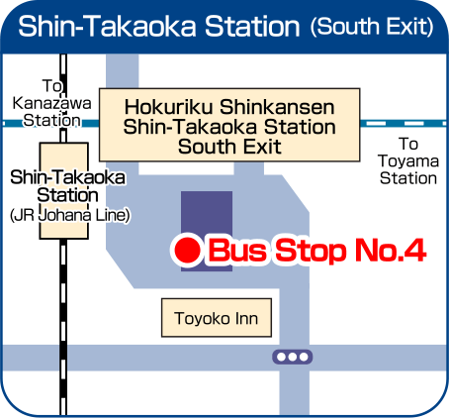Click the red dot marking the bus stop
187,251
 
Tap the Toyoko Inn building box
217,318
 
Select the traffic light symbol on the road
293,357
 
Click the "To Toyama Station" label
408,161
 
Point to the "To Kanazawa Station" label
51,103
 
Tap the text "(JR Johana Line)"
70,215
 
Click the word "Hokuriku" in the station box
168,107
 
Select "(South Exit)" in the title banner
372,27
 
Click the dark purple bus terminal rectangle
207,231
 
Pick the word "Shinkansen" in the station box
277,107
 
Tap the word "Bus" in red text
237,250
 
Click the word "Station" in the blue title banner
252,26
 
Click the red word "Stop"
311,251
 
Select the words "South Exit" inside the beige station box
229,147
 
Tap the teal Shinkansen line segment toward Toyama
404,124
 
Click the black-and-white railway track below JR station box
63,327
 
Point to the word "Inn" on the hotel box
246,319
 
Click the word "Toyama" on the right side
408,161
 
